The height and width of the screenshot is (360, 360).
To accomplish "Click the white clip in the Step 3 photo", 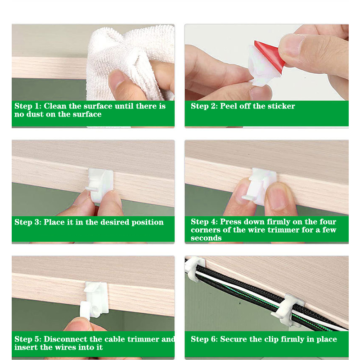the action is pos(99,185).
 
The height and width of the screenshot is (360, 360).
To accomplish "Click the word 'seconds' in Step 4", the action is pos(206,238).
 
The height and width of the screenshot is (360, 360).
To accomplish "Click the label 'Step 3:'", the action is pos(28,222).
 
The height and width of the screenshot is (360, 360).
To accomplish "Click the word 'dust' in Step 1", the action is pos(35,114).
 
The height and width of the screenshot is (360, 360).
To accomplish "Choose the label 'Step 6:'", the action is pos(204,339).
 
